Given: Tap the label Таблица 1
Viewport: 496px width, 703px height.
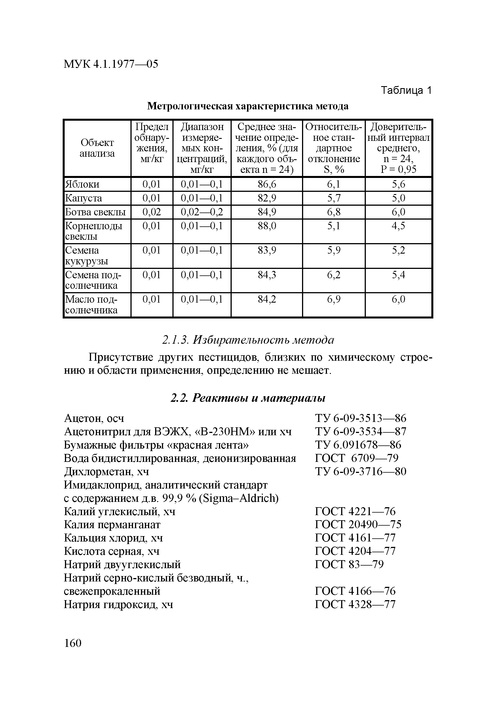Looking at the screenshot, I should click(406, 90).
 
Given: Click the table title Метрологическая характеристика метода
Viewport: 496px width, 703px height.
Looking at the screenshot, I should click(248, 106).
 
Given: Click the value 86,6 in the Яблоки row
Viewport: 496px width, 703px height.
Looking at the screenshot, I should click(267, 184).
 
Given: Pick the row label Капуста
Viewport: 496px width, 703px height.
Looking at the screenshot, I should click(83, 198).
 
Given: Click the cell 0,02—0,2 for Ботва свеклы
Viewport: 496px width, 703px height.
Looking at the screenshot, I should click(202, 212).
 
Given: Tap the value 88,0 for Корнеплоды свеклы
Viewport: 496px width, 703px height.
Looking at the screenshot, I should click(267, 226).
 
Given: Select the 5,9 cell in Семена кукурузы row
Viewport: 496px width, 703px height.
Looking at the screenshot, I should click(334, 250).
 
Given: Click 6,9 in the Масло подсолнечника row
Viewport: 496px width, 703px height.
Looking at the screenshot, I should click(334, 299).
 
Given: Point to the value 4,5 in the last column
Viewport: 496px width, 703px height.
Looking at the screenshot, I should click(398, 226).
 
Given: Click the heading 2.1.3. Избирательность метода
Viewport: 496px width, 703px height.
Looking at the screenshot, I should click(248, 340).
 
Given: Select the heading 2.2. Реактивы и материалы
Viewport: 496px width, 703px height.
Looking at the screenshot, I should click(248, 398).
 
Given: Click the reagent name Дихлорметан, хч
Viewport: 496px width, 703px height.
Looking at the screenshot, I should click(106, 472).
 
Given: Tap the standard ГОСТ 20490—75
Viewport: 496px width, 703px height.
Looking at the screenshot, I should click(358, 524).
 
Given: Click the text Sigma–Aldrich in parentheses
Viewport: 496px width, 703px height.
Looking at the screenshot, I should click(239, 498).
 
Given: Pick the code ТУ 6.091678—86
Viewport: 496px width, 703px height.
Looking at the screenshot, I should click(358, 445).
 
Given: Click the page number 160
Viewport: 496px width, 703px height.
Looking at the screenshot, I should click(73, 643).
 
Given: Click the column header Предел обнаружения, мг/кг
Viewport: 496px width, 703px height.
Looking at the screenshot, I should click(152, 143).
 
